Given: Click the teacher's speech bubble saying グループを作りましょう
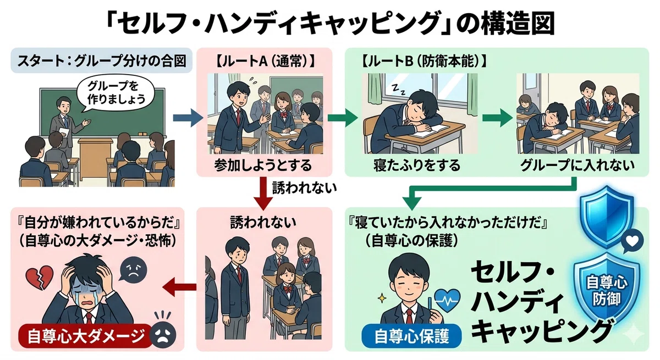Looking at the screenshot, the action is click(x=116, y=94).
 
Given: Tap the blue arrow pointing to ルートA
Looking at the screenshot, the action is click(x=188, y=118).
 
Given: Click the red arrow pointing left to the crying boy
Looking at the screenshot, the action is click(x=179, y=287).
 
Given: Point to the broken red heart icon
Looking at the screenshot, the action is click(x=39, y=278).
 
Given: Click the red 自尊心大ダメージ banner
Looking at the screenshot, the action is click(x=85, y=336).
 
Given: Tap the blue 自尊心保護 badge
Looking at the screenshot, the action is click(x=411, y=336).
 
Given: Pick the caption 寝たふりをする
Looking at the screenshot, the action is click(x=417, y=165).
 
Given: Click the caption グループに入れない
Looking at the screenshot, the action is click(x=577, y=165).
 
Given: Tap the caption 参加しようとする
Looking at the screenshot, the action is click(x=263, y=165).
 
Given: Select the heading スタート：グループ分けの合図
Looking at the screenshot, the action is click(x=102, y=61).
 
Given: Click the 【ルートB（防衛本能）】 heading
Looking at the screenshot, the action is click(x=424, y=62).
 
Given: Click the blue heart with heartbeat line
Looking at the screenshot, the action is click(x=448, y=300).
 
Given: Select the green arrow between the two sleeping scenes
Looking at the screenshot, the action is click(x=497, y=118).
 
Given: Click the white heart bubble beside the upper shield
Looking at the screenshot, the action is click(x=632, y=242).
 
